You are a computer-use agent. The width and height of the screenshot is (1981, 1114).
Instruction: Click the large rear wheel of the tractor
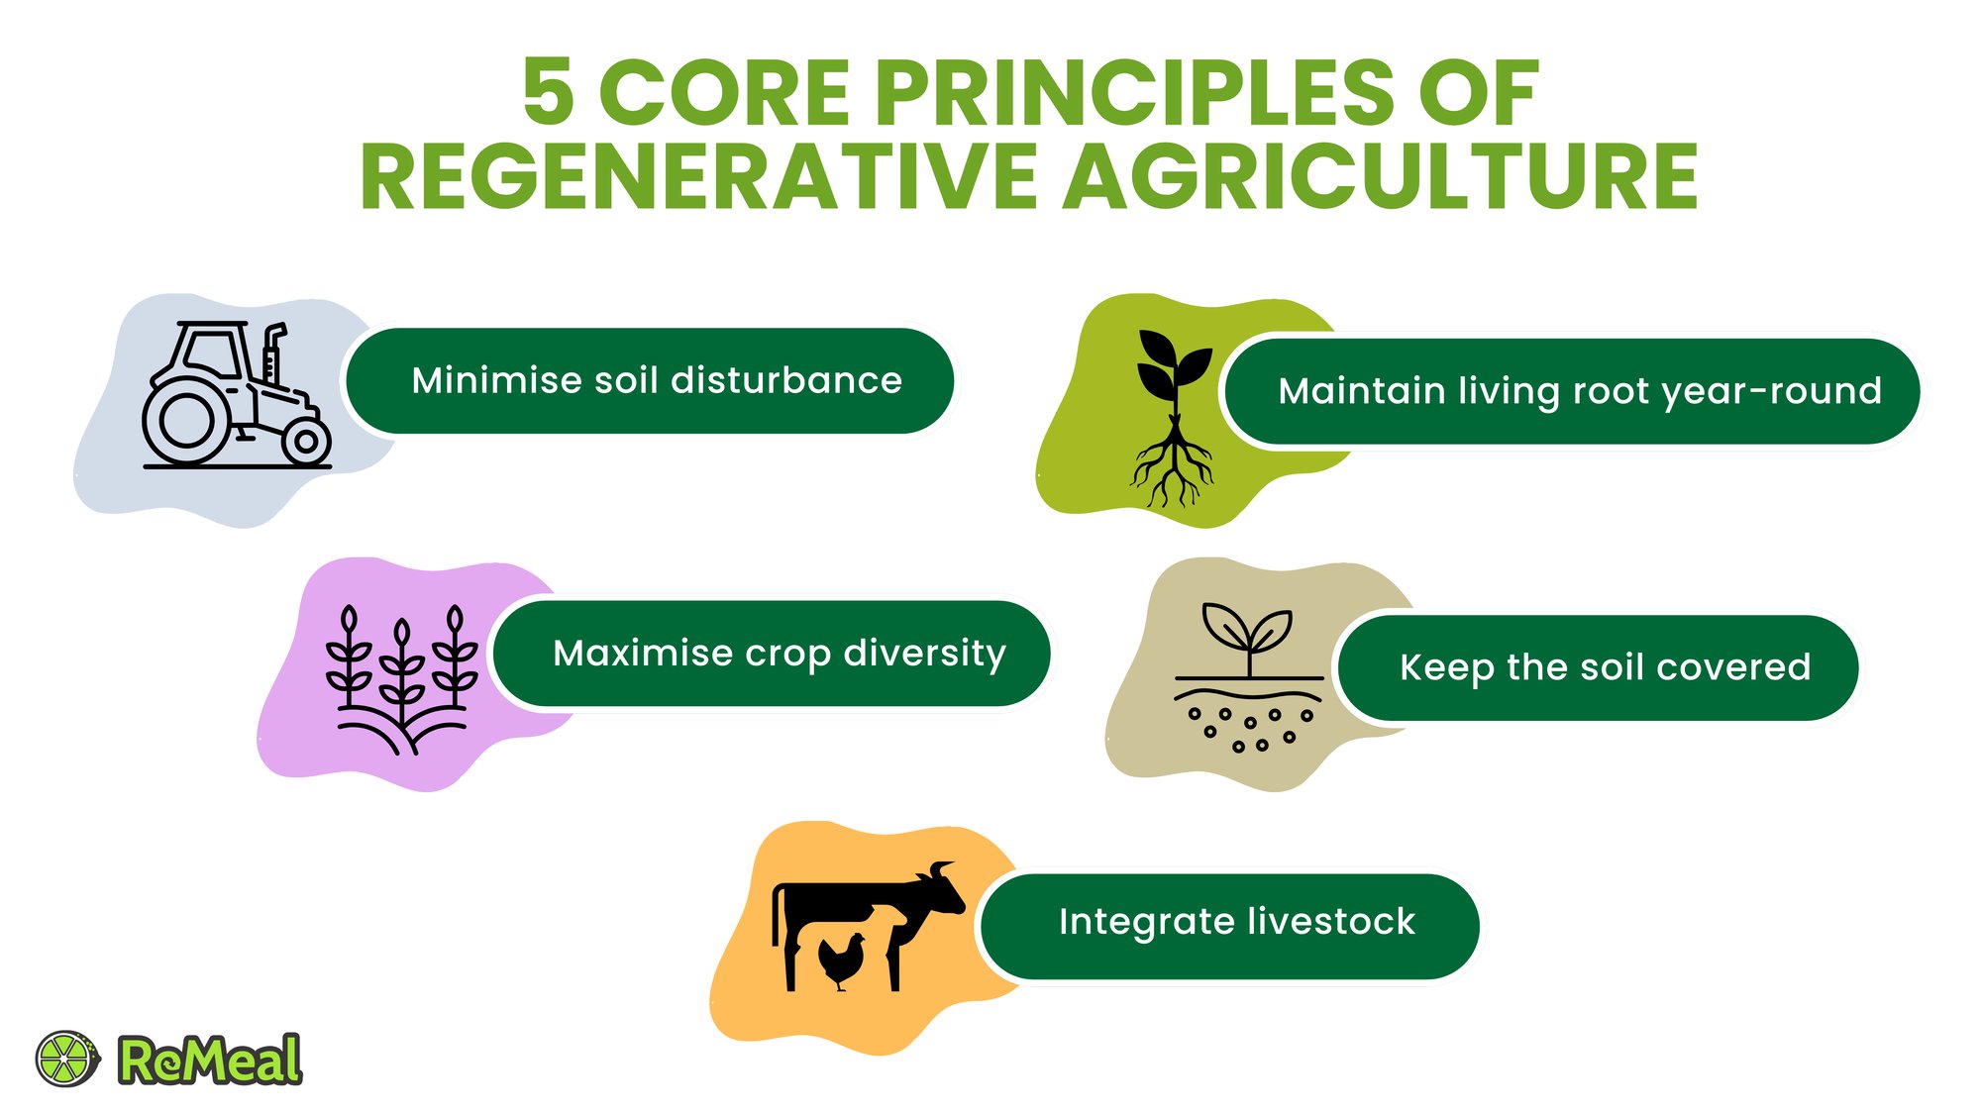pos(186,420)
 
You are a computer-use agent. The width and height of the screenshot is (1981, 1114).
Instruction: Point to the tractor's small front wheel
pos(306,442)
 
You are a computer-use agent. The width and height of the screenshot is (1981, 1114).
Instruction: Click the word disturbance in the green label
pos(786,380)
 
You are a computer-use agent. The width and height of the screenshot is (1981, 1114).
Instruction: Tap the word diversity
pos(925,655)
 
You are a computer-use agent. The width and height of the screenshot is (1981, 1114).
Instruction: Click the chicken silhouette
pos(842,961)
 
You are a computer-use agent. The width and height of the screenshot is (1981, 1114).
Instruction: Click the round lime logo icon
pos(67,1059)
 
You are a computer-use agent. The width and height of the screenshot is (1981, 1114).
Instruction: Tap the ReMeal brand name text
pos(210,1060)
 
